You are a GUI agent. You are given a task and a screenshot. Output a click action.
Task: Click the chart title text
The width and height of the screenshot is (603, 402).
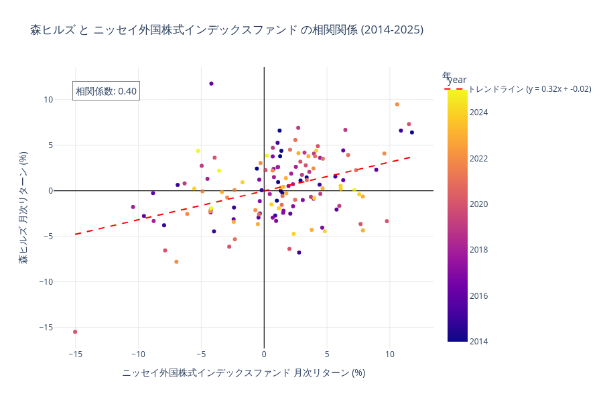(x=226, y=30)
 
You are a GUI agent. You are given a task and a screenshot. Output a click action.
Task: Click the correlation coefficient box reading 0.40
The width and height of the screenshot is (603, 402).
(x=106, y=91)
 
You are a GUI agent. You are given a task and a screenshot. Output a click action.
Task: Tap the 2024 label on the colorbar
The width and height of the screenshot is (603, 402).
(x=479, y=113)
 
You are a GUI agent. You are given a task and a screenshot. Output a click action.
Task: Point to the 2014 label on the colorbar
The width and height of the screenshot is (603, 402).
(x=479, y=341)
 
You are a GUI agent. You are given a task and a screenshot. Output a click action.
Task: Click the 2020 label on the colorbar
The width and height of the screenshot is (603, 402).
(x=479, y=204)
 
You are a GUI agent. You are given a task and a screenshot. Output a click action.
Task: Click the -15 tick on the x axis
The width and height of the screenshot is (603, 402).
(x=75, y=354)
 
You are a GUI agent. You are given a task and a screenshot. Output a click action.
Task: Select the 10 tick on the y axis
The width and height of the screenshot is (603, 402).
(x=48, y=100)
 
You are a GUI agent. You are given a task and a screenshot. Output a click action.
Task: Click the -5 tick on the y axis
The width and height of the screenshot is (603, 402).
(x=47, y=236)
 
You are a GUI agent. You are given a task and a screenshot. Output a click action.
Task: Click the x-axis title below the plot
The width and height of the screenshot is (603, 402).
(x=244, y=373)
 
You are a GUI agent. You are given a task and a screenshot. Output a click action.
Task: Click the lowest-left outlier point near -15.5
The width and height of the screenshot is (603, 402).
(x=75, y=332)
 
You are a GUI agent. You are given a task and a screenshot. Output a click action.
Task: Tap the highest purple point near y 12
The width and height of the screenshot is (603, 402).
(x=211, y=84)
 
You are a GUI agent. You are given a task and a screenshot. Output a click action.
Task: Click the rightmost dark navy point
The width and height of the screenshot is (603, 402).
(x=412, y=133)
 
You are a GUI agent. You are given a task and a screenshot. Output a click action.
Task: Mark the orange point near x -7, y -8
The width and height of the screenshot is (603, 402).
(x=176, y=262)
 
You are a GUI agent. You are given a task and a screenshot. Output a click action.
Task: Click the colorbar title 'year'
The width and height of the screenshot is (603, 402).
(x=457, y=80)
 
